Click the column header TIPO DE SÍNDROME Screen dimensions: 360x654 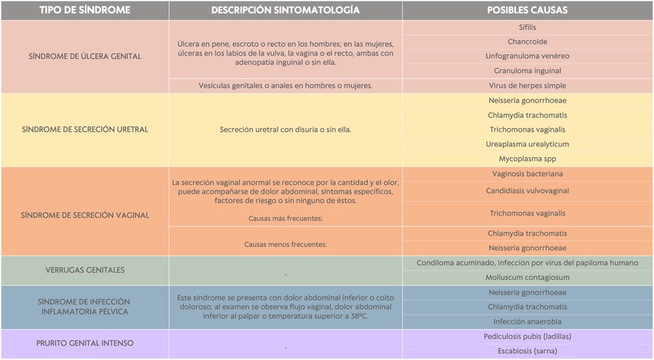click(85, 10)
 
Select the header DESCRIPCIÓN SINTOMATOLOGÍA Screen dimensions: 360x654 click(285, 10)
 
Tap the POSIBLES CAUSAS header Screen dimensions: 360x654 click(528, 10)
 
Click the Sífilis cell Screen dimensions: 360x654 click(528, 27)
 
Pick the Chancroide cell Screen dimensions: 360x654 click(528, 42)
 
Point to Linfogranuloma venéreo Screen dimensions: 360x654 click(528, 56)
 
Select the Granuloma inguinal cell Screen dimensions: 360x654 click(528, 71)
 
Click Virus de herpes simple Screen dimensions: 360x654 click(528, 86)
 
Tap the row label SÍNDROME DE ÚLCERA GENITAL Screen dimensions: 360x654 click(85, 56)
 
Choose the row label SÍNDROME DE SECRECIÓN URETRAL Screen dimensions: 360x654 click(85, 130)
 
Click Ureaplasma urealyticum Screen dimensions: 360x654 click(528, 144)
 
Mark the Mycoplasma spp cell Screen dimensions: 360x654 click(528, 159)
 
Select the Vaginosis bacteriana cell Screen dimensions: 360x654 click(528, 173)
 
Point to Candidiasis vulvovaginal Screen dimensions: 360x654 click(528, 190)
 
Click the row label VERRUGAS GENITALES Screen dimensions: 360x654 click(85, 270)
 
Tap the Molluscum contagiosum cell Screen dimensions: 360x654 click(528, 278)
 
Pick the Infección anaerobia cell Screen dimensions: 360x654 click(528, 321)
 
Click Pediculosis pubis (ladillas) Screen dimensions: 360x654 click(528, 336)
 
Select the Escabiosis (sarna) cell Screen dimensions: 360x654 click(528, 351)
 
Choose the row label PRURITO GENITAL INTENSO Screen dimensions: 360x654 click(85, 343)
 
